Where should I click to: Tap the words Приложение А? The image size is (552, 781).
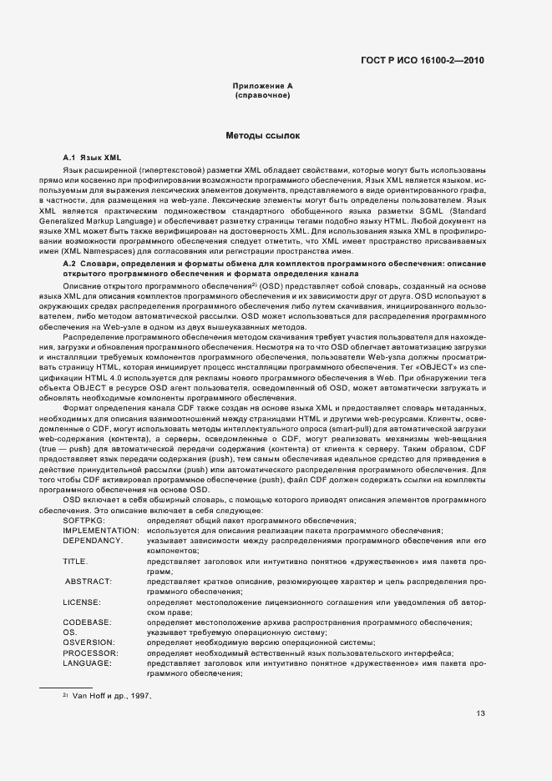tap(262, 86)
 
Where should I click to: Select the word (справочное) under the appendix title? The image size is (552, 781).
tap(262, 96)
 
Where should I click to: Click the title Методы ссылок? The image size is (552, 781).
tap(262, 134)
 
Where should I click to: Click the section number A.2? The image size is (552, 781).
tap(70, 263)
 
